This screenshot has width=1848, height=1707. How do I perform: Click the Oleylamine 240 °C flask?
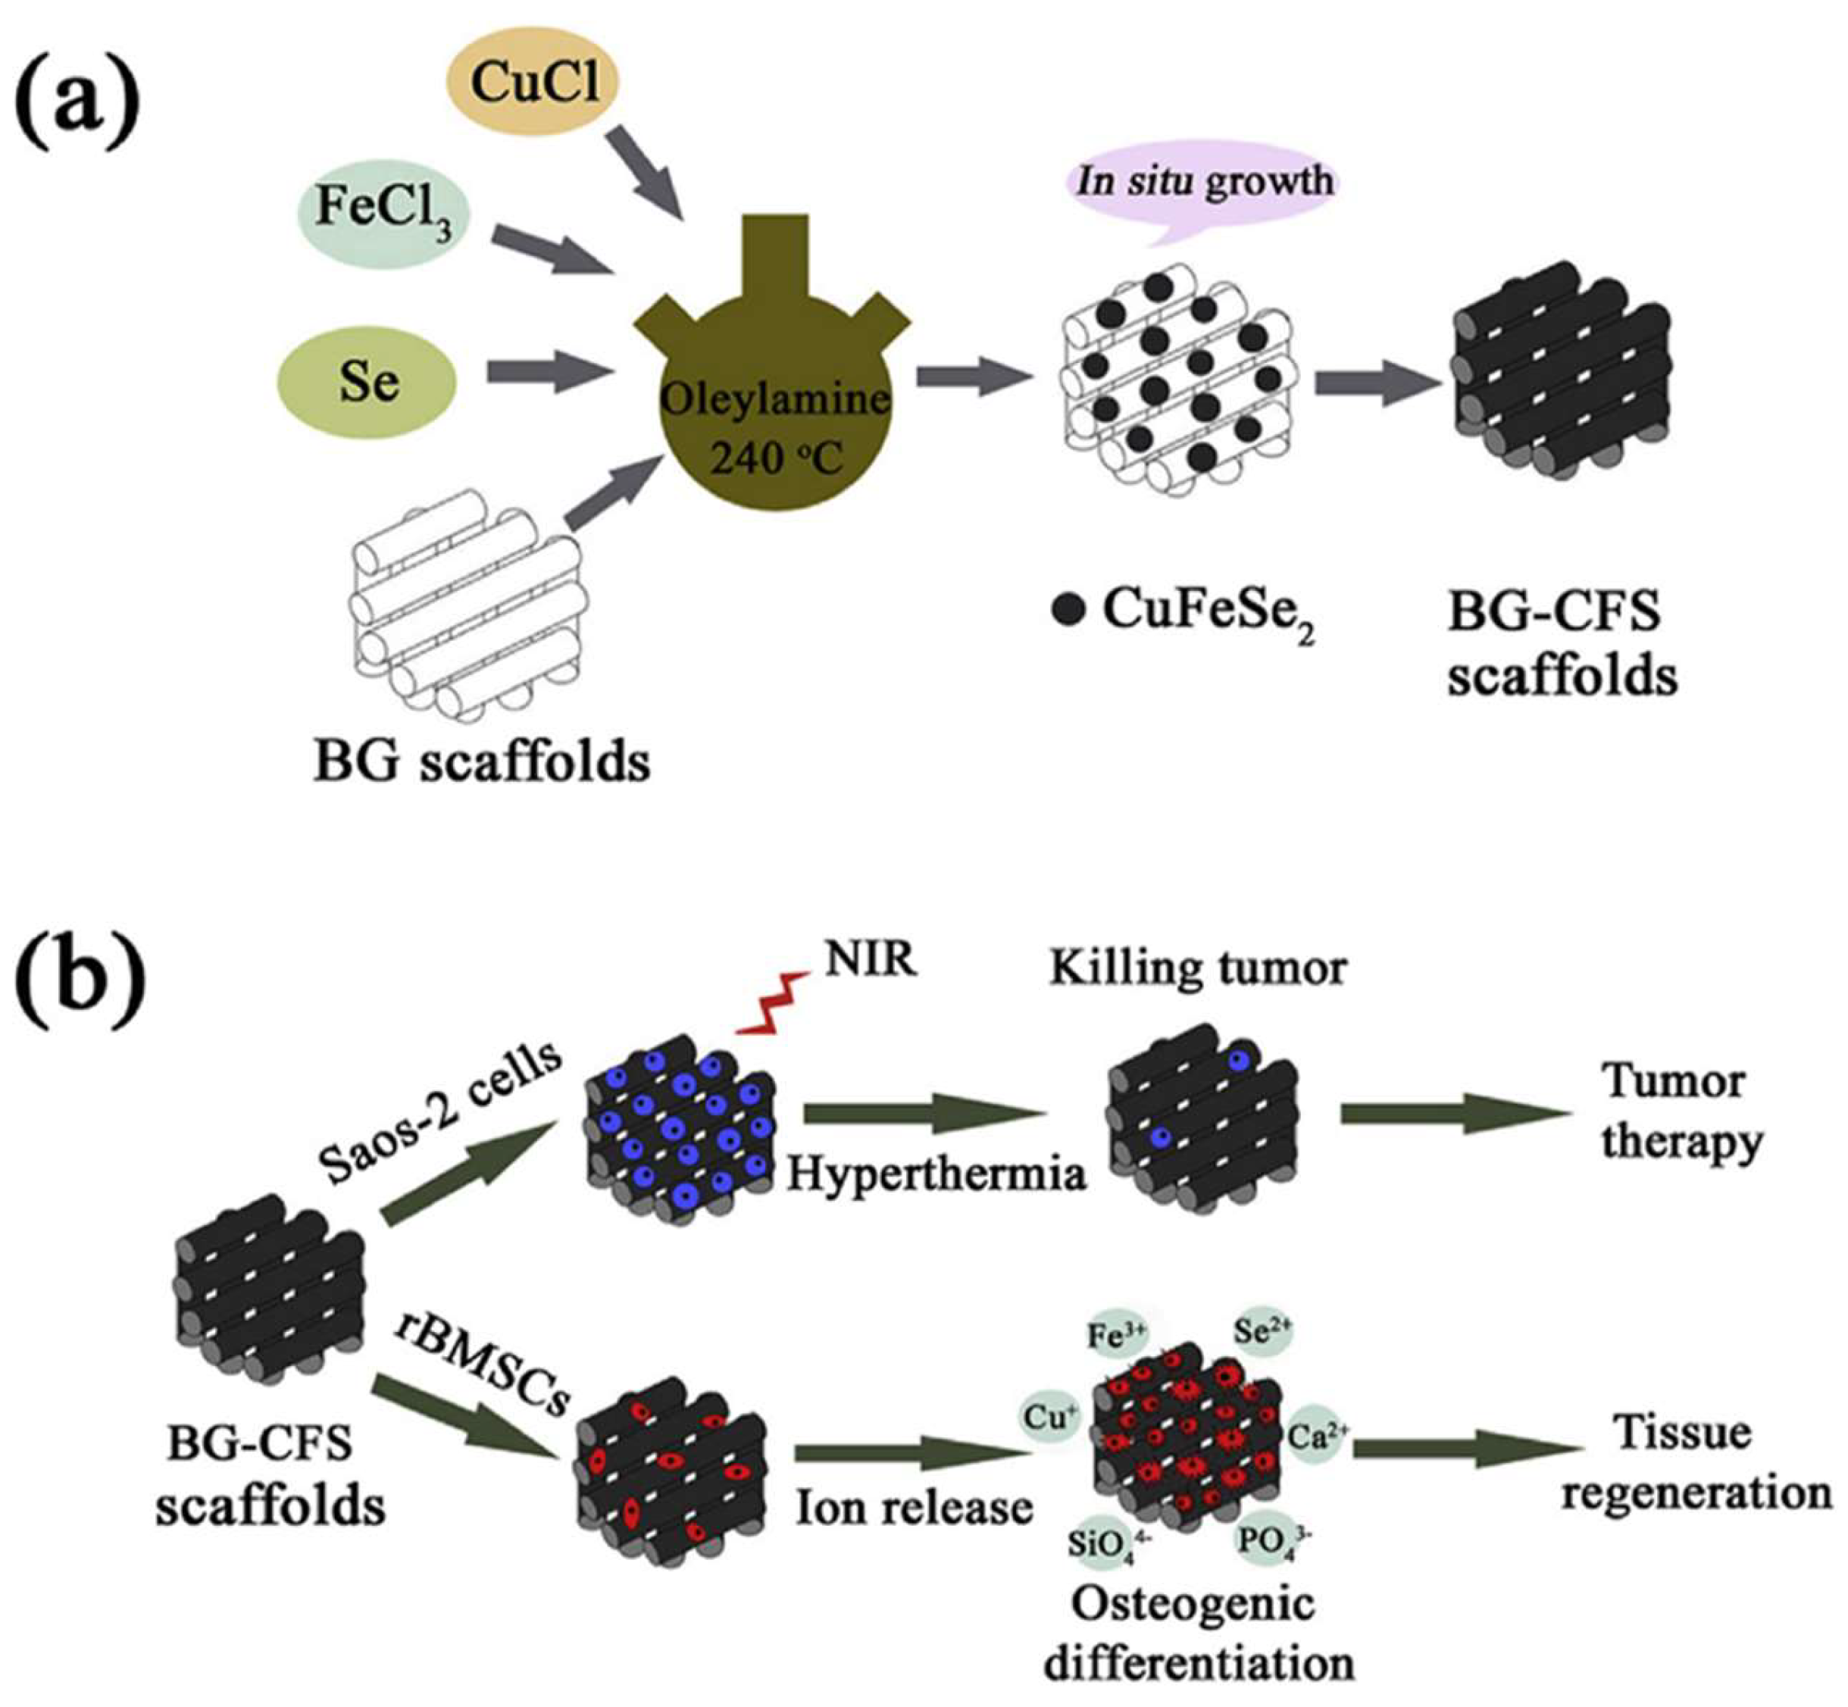tap(774, 406)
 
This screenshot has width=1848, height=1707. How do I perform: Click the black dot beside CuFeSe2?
tap(1068, 611)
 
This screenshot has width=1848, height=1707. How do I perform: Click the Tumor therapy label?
tap(1681, 1111)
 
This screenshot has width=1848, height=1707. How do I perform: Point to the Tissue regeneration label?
tap(1696, 1462)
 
